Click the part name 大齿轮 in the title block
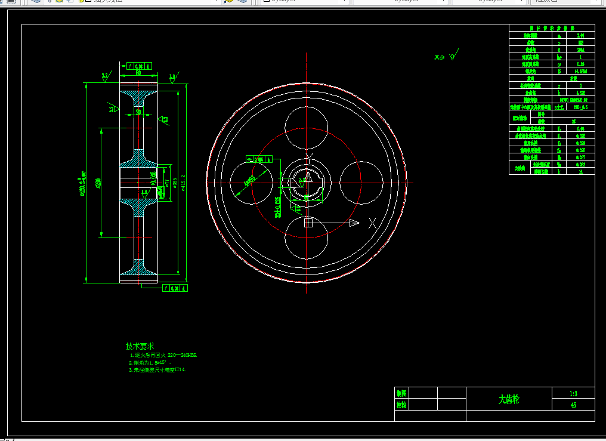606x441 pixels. click(x=509, y=399)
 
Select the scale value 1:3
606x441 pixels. click(x=573, y=393)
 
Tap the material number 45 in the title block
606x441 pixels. click(x=573, y=405)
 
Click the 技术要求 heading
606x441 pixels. click(x=140, y=346)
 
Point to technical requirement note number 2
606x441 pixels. click(x=150, y=362)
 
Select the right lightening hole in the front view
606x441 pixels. click(x=361, y=183)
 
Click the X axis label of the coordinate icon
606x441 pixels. click(x=372, y=223)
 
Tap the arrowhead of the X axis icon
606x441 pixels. click(x=354, y=223)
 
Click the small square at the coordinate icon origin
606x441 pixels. click(x=308, y=223)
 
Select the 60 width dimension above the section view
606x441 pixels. click(x=138, y=73)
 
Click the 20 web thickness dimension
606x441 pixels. click(x=138, y=112)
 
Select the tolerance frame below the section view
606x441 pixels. click(x=175, y=288)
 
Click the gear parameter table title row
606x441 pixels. click(x=552, y=27)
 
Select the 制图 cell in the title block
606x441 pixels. click(x=401, y=393)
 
